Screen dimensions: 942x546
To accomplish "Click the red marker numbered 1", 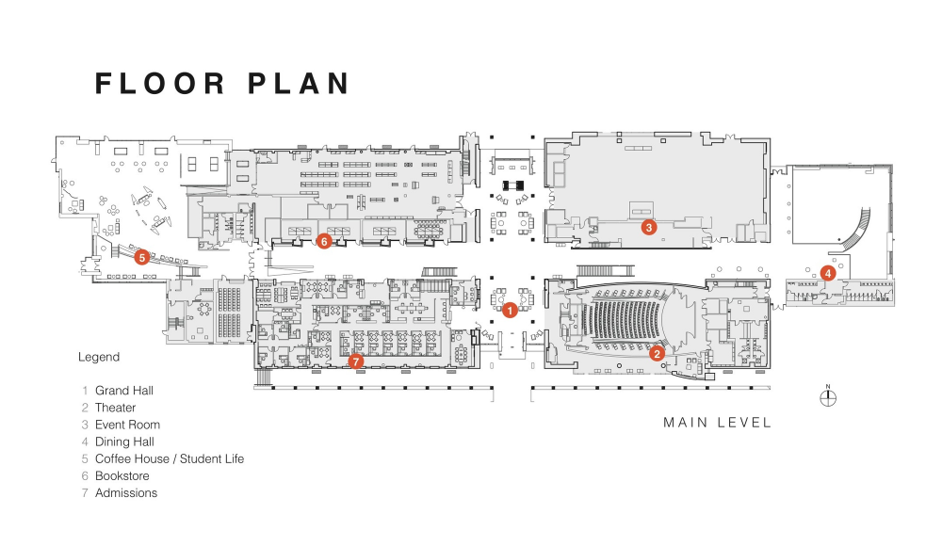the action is click(x=510, y=311).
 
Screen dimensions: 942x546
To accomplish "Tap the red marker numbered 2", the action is click(x=657, y=353).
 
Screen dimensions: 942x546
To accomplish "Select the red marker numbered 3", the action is click(x=648, y=227).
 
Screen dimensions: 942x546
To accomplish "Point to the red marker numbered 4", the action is click(x=828, y=273).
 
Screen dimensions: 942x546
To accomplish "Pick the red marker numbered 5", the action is click(x=142, y=258).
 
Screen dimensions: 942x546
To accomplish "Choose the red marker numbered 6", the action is click(x=324, y=242).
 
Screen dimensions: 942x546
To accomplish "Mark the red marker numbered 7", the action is click(x=356, y=361).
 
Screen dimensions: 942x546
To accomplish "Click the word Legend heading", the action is click(x=99, y=357).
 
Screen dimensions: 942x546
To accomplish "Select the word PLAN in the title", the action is click(x=299, y=84).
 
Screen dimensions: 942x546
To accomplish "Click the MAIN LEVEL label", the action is click(x=717, y=423).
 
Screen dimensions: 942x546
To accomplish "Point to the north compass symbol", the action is click(x=828, y=397).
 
